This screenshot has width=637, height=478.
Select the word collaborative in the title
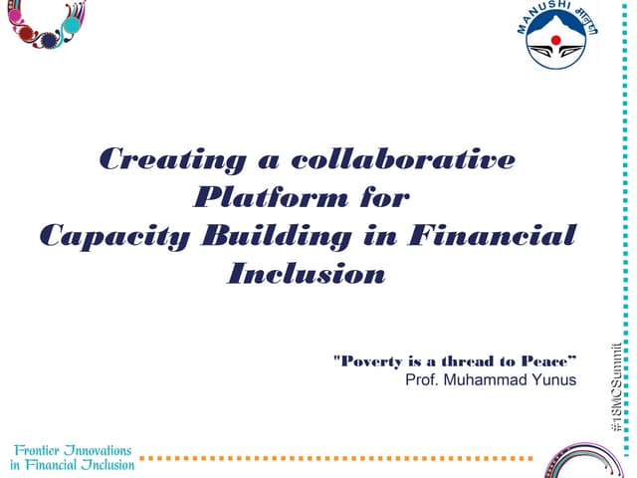(x=403, y=159)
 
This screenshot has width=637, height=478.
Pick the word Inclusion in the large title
(x=307, y=274)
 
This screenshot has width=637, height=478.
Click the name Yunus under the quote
(x=552, y=379)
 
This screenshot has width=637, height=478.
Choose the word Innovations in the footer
(x=103, y=449)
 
